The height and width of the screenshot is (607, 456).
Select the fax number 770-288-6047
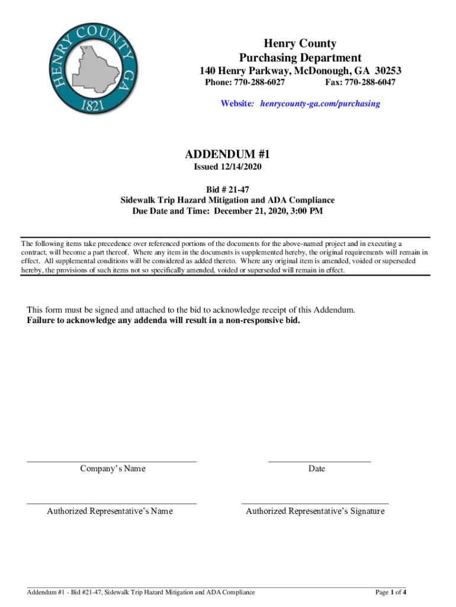[x=370, y=82]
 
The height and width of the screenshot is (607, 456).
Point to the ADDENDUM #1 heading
[x=227, y=154]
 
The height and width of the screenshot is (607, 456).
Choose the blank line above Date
[x=319, y=461]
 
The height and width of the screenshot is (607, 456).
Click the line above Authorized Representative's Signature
[x=315, y=503]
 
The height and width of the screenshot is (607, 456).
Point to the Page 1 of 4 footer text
[x=390, y=592]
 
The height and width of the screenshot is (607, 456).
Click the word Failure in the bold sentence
[x=43, y=321]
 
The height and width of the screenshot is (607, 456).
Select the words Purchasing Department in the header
[x=300, y=57]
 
